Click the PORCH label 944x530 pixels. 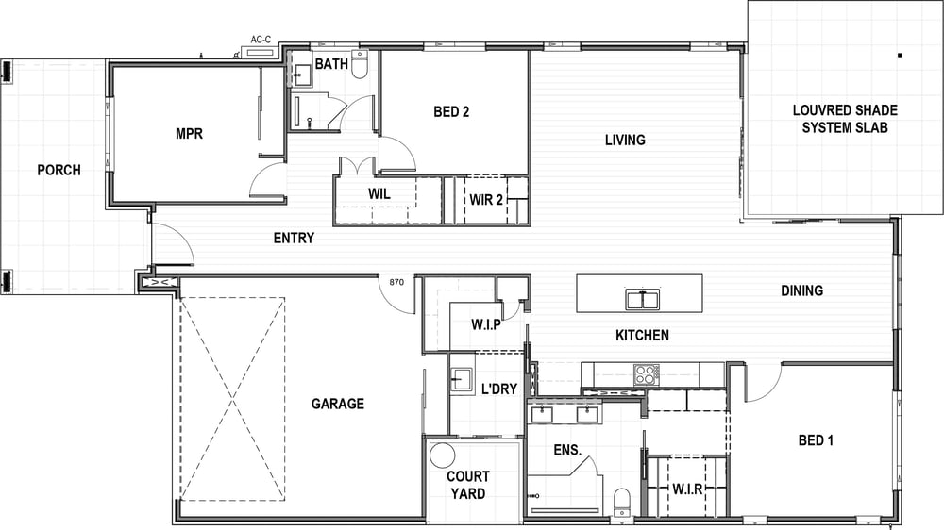[59, 171]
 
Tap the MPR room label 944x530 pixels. [189, 134]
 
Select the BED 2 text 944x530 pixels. [451, 112]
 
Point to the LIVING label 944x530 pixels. [625, 141]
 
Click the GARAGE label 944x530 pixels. [338, 404]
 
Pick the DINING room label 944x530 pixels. [801, 291]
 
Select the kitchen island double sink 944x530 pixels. [642, 299]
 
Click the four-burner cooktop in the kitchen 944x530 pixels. [646, 374]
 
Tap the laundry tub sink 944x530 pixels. [462, 378]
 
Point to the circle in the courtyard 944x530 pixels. [443, 455]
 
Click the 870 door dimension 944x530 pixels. [396, 282]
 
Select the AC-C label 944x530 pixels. [261, 40]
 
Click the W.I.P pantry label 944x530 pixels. [486, 324]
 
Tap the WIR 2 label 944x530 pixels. [486, 200]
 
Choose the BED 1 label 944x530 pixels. [816, 440]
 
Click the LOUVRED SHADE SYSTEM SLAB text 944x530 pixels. [845, 119]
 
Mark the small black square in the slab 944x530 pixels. [900, 56]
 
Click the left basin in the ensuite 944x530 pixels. [543, 413]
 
